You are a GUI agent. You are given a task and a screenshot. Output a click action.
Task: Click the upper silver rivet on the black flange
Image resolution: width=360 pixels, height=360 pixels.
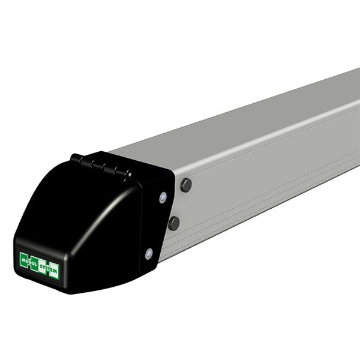[x=162, y=197]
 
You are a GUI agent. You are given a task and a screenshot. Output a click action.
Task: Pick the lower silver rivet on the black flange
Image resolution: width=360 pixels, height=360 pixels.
[x=149, y=253]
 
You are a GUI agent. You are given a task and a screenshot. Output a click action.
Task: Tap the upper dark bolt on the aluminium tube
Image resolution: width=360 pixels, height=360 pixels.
[x=186, y=185]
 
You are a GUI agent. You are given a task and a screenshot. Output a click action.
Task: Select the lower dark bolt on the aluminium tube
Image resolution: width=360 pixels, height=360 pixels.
[x=174, y=223]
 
